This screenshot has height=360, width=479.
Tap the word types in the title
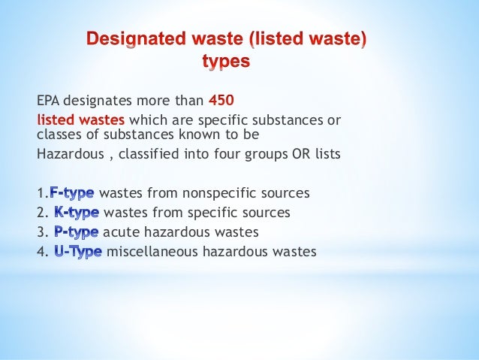227,62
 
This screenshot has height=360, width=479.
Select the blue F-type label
72,193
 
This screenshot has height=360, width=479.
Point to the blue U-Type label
79,252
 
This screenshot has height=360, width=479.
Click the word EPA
50,102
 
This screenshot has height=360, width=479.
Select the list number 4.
41,252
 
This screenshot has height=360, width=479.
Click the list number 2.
41,213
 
